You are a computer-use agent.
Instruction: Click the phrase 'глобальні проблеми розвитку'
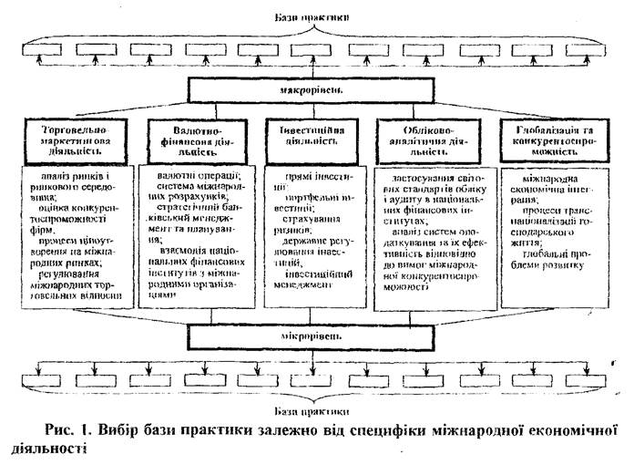547,257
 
